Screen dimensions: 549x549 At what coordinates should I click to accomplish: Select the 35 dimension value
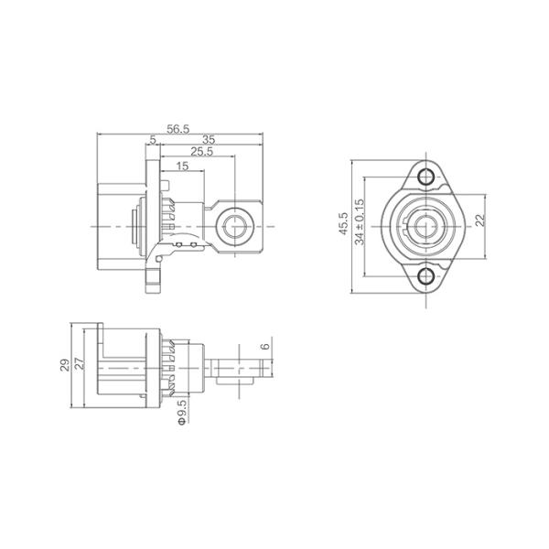(209, 139)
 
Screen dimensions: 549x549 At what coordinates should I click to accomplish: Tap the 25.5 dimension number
(201, 152)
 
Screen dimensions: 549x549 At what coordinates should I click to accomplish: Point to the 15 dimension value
(182, 166)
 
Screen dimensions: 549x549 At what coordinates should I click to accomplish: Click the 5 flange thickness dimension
(152, 139)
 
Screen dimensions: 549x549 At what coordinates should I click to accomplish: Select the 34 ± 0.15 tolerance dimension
(360, 225)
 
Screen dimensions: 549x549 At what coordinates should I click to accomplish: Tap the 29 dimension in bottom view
(65, 365)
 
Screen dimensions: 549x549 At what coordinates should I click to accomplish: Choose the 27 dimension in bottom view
(80, 365)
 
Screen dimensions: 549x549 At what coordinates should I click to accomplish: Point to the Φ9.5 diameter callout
(181, 412)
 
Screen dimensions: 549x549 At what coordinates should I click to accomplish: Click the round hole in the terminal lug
(237, 225)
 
